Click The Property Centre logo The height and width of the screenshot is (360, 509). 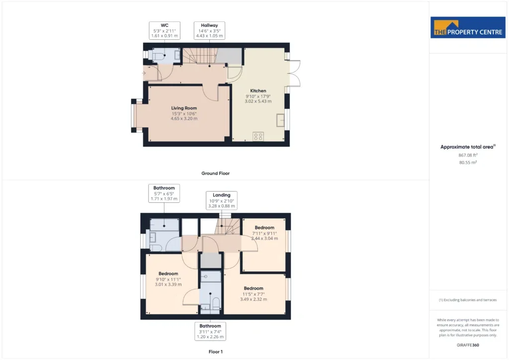coord(468,27)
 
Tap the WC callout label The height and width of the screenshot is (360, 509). coord(165,30)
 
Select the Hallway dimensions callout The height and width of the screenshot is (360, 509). coord(209,30)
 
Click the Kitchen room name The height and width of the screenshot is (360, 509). coord(258,91)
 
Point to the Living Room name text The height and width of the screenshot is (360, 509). coord(184,108)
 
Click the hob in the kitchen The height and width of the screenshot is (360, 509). coord(258,137)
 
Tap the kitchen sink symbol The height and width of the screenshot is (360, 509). coord(280,120)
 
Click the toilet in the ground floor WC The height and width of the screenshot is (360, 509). coord(158,56)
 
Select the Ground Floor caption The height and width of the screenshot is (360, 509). coord(216,174)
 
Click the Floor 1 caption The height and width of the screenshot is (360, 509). coord(216,352)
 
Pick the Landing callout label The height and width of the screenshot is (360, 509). coord(221,200)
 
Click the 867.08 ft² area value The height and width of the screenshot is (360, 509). coord(468,155)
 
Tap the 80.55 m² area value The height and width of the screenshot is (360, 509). coord(468,162)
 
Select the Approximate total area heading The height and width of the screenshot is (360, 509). coord(468,147)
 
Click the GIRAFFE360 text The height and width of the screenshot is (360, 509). coord(468,345)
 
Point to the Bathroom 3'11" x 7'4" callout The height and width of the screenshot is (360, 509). coord(210,331)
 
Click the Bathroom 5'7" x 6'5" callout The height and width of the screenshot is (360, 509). coord(164,193)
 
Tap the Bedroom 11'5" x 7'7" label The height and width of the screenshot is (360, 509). coord(254,293)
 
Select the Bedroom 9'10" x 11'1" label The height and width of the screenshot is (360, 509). coord(168,279)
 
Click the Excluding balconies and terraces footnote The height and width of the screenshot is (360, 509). coord(468,300)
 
